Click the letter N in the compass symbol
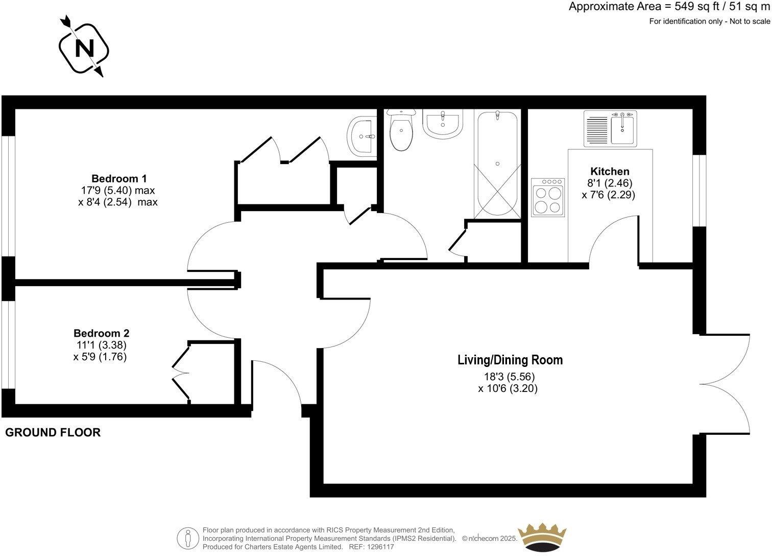pyautogui.click(x=84, y=49)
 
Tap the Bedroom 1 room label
pyautogui.click(x=119, y=178)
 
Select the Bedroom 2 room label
pyautogui.click(x=101, y=333)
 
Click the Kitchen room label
pyautogui.click(x=610, y=171)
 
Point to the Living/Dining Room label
pyautogui.click(x=510, y=360)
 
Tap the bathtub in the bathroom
pyautogui.click(x=498, y=164)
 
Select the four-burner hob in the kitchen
pyautogui.click(x=548, y=197)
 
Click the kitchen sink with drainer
pyautogui.click(x=610, y=129)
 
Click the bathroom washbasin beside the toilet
pyautogui.click(x=443, y=124)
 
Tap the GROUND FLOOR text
pyautogui.click(x=53, y=433)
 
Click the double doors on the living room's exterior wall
pyautogui.click(x=725, y=383)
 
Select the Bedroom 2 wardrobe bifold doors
pyautogui.click(x=181, y=372)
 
